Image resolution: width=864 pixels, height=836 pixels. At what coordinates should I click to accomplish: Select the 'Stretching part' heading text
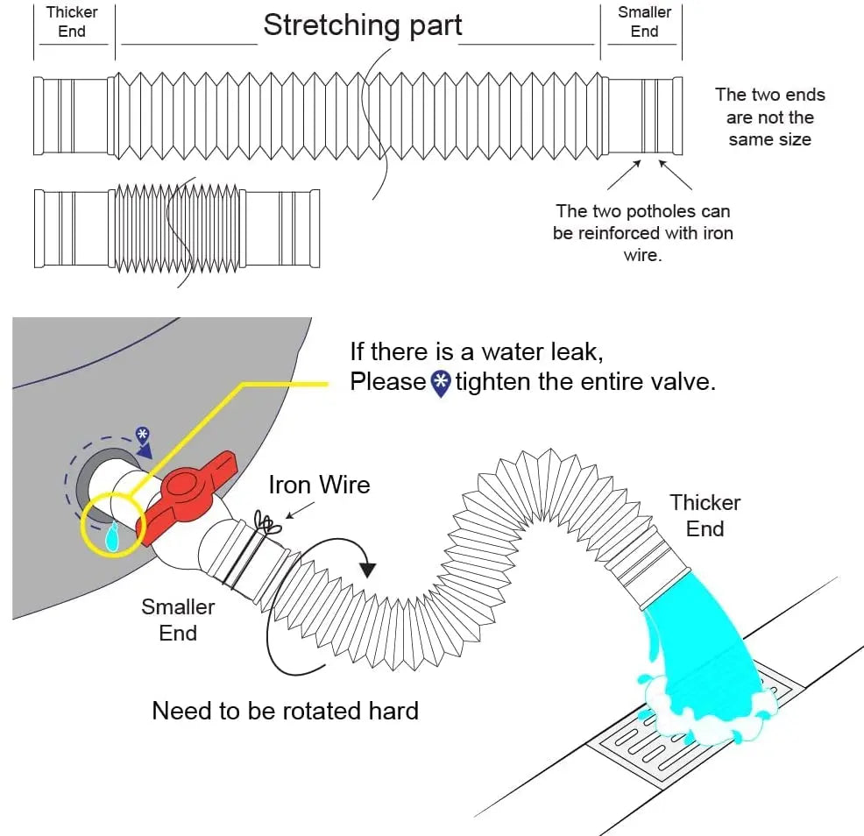coord(362,25)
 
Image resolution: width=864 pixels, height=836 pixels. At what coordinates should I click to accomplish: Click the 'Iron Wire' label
coord(319,485)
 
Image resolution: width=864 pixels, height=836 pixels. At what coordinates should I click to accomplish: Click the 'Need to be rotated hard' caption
coord(285,710)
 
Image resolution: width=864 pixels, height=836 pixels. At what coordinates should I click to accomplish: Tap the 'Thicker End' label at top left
coord(72,22)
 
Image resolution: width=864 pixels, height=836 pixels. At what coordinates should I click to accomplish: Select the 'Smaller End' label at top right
coord(644,22)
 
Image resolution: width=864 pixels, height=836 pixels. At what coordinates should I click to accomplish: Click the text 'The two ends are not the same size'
coord(769,117)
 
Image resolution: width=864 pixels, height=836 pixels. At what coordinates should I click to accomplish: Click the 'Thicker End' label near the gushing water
coord(705,515)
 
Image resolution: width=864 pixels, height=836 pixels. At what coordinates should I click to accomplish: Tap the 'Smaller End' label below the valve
coord(178,620)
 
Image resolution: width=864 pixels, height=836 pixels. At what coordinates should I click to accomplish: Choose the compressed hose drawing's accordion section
coord(175,228)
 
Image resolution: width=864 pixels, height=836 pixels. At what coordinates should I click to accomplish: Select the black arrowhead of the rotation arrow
coord(368,568)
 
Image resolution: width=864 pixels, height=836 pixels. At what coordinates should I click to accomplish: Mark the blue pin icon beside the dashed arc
coord(142,435)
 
